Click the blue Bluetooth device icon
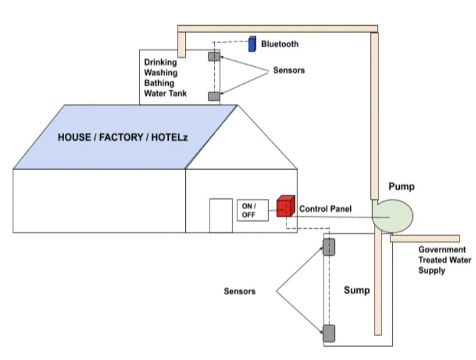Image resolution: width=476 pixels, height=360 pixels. (x=252, y=43)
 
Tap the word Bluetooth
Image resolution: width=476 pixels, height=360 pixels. (x=280, y=44)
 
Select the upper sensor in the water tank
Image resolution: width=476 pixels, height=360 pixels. (x=214, y=57)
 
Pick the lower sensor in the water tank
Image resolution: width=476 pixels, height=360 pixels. (x=214, y=96)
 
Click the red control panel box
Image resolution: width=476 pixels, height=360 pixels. (x=286, y=206)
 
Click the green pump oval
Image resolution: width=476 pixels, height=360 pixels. (x=392, y=215)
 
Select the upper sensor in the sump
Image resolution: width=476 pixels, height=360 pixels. (x=329, y=247)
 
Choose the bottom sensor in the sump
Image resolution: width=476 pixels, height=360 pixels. (x=329, y=332)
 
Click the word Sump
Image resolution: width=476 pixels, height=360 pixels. (x=357, y=290)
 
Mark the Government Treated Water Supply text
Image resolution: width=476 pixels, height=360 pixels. (x=441, y=260)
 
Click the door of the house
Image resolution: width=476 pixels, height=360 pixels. (x=220, y=215)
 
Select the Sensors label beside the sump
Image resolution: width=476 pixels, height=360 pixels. (x=240, y=291)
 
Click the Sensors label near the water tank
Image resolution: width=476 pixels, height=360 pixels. (x=288, y=70)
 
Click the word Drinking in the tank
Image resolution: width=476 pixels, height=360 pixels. (x=161, y=62)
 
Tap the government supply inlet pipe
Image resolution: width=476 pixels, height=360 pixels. (x=425, y=238)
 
